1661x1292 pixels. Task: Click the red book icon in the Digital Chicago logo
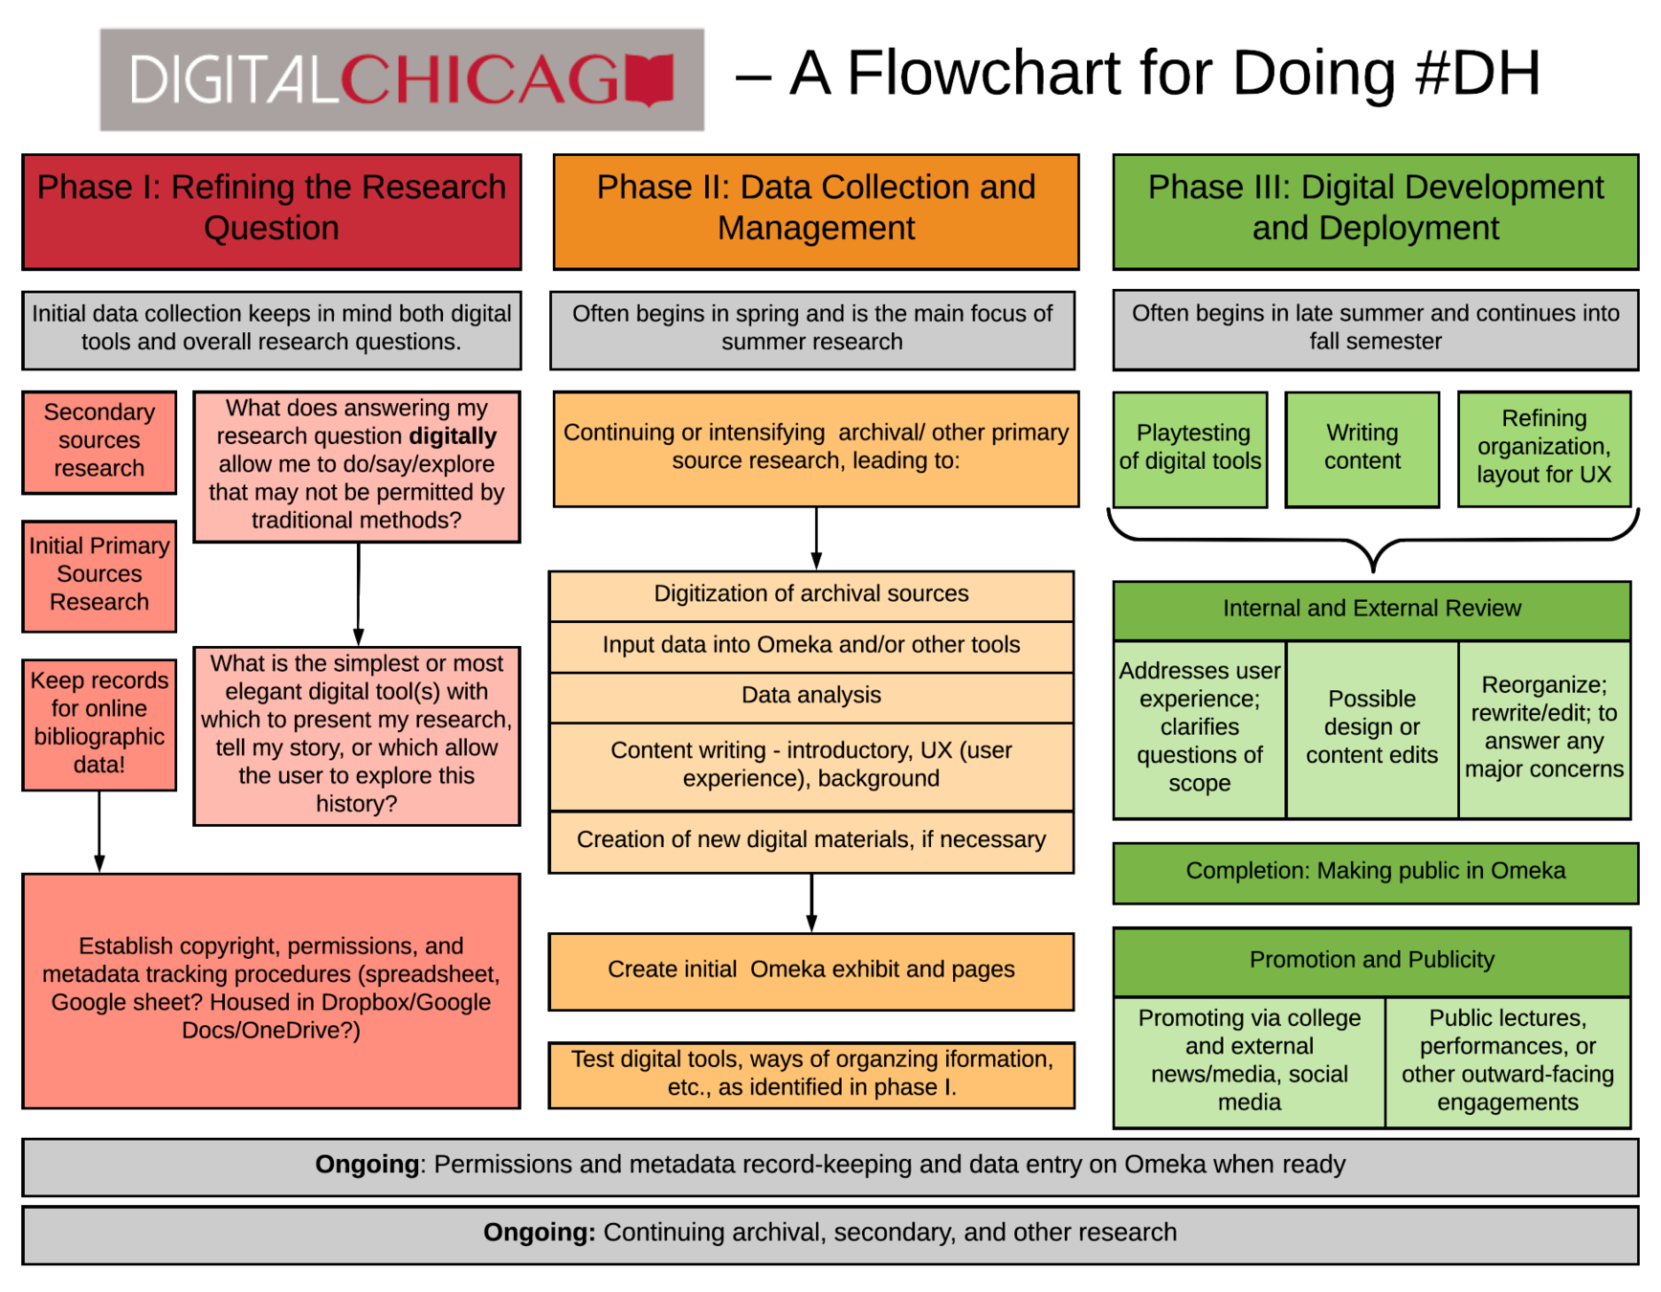(x=651, y=80)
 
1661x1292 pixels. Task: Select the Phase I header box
(x=272, y=211)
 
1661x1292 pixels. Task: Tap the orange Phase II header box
(x=815, y=211)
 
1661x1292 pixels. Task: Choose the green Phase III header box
(x=1375, y=211)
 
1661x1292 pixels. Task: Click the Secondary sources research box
(x=100, y=441)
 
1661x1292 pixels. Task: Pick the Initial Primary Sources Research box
(x=100, y=575)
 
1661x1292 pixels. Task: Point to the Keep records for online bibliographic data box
(x=100, y=724)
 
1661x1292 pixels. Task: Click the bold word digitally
(x=453, y=436)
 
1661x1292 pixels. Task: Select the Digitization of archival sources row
(x=810, y=594)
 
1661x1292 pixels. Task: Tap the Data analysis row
(x=810, y=696)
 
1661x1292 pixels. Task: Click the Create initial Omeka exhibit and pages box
(x=810, y=970)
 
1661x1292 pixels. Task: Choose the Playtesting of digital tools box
(x=1189, y=448)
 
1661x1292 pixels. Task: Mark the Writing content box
(x=1362, y=448)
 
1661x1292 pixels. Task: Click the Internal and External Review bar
(x=1371, y=610)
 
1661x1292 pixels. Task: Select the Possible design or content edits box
(x=1371, y=727)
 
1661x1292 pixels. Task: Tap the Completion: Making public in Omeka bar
(x=1375, y=872)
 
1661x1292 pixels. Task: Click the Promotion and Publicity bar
(x=1371, y=961)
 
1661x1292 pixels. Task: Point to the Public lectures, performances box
(x=1507, y=1060)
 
